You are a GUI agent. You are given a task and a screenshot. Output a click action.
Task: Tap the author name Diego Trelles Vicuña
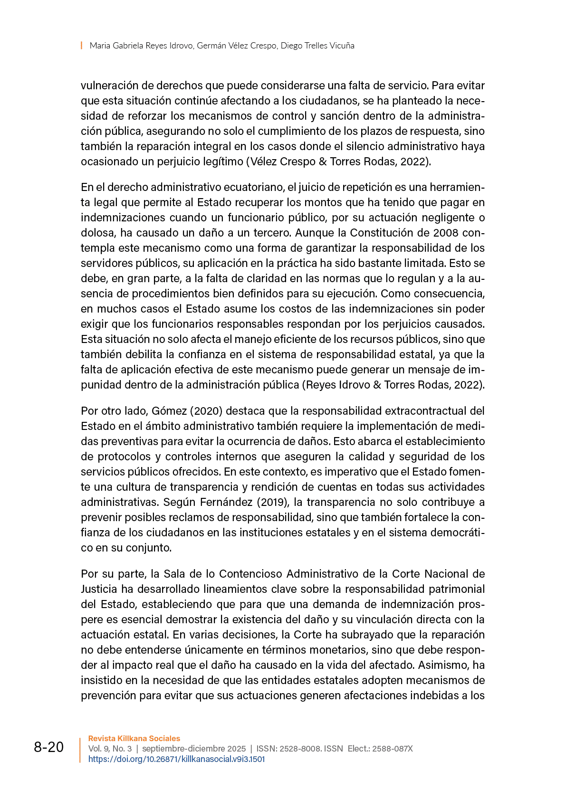(317, 46)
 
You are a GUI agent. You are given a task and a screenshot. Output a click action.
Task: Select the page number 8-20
(48, 747)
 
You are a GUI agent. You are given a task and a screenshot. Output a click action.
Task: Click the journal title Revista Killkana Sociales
(134, 738)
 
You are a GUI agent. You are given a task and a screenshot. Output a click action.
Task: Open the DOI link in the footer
(176, 759)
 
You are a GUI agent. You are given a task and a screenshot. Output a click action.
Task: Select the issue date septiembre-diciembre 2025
(194, 749)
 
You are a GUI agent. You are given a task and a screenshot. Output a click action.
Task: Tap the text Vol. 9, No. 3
(110, 749)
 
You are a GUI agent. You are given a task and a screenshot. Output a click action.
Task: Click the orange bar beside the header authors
(82, 46)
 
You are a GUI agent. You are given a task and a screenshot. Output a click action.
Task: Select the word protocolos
(124, 457)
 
